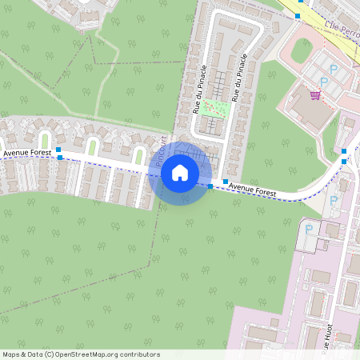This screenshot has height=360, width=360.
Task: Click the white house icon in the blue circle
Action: [x=180, y=173]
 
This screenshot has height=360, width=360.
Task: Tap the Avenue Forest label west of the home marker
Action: [x=27, y=152]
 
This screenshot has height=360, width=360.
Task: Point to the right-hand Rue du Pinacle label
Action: [x=238, y=77]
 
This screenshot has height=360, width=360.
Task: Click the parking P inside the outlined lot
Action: [x=309, y=230]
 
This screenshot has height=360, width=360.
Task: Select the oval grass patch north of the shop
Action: [x=302, y=50]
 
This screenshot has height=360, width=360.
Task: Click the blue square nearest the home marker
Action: [x=210, y=186]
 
